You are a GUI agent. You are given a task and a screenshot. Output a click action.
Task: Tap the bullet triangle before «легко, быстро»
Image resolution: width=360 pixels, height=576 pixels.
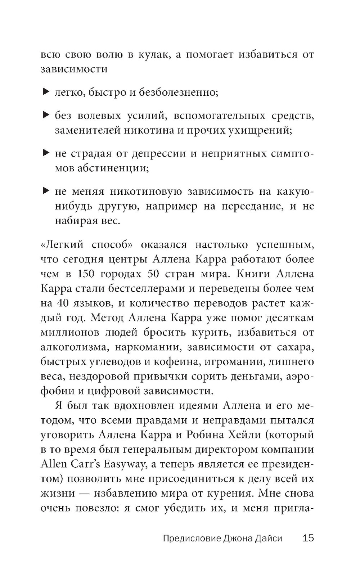(x=45, y=92)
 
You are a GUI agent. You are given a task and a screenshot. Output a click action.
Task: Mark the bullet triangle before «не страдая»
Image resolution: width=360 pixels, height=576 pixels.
(x=45, y=153)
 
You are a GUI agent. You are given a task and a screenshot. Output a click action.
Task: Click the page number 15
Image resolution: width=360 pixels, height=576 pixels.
(x=308, y=539)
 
